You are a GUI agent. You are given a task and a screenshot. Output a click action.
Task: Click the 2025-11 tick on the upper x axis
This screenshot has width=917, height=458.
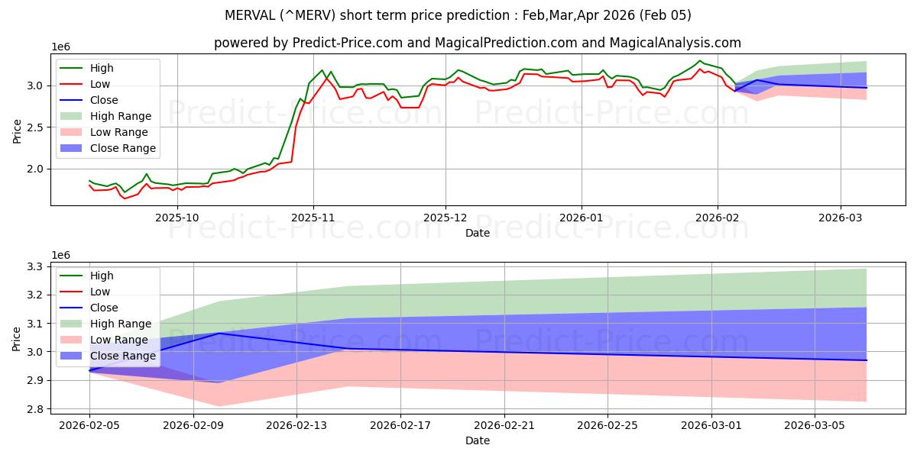(x=313, y=217)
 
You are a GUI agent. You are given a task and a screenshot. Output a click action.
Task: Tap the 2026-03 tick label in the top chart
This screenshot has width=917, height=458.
(x=841, y=217)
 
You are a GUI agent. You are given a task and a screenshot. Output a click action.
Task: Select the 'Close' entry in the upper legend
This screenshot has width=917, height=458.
(x=104, y=100)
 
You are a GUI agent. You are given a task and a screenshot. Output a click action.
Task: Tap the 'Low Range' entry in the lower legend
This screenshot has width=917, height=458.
(x=119, y=340)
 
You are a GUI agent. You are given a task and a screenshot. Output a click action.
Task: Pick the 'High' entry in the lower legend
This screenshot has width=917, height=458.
(x=102, y=276)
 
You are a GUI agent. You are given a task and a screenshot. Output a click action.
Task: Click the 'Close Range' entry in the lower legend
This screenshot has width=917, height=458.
(x=122, y=356)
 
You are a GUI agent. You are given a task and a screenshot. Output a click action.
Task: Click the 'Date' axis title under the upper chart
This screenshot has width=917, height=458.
(x=478, y=233)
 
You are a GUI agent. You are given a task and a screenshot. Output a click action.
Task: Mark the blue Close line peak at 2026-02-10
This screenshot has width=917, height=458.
(x=219, y=333)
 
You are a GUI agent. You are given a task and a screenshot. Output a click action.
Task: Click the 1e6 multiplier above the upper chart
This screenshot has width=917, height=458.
(x=61, y=47)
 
